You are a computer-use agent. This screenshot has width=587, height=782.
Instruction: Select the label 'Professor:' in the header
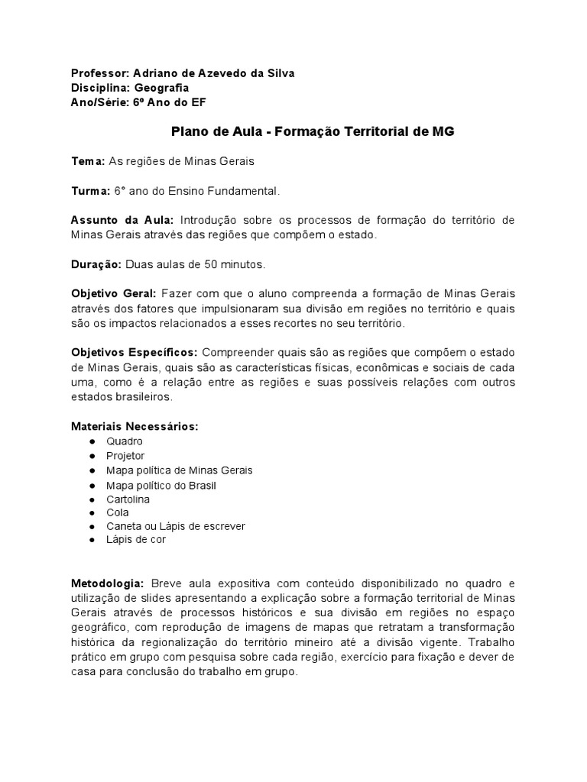click(100, 73)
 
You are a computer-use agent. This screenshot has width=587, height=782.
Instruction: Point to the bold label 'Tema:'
click(88, 161)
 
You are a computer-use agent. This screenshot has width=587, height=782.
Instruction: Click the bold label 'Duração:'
click(96, 264)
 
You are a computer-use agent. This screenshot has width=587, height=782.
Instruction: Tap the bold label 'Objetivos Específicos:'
click(135, 352)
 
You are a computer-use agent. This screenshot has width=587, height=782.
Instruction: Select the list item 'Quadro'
click(125, 441)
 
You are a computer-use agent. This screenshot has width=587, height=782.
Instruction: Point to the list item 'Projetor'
click(125, 456)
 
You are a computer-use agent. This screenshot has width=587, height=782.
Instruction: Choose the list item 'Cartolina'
click(128, 499)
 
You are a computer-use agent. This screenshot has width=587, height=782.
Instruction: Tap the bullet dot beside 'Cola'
click(92, 514)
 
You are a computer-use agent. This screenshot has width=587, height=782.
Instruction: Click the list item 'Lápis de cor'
click(136, 539)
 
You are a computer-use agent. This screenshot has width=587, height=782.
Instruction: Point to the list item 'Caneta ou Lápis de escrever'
click(176, 526)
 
